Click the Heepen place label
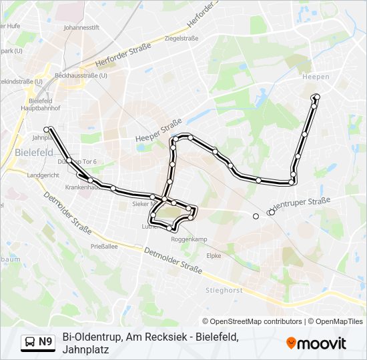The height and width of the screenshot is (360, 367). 316,77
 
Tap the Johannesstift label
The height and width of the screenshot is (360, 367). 81,28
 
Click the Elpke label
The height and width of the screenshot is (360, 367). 214,255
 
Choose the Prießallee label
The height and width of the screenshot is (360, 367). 104,246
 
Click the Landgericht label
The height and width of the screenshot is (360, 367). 43,175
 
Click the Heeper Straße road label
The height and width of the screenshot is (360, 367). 159,129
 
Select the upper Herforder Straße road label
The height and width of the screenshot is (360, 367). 204,14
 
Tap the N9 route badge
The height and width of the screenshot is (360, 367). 45,342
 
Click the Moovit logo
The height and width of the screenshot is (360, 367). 316,343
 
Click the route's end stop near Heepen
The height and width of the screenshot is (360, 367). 316,97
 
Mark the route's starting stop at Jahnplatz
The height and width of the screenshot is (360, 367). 47,129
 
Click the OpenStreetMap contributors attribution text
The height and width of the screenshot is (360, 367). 256,321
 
